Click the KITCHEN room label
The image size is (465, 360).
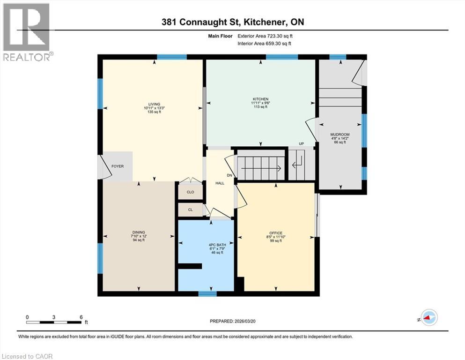pos(260,99)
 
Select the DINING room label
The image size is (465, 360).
pos(139,232)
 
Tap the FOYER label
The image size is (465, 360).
pos(117,166)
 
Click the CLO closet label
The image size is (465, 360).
pos(190,192)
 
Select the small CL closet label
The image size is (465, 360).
pos(190,210)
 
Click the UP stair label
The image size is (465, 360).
pos(302,143)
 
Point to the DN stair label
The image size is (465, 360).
pos(229,175)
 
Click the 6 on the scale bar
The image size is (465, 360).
pos(81,317)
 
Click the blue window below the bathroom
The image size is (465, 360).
pos(207,294)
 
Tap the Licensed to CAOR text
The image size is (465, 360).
pos(27,356)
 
